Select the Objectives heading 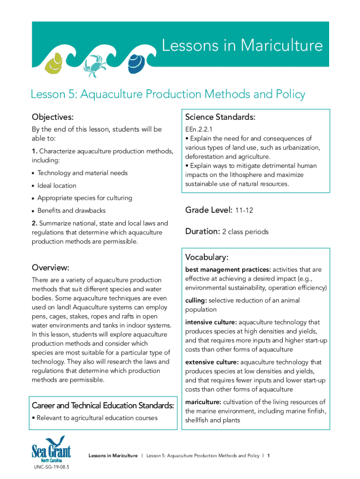[53, 116]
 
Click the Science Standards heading [220, 116]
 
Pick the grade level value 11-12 [244, 210]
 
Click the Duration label [202, 231]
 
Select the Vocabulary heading [207, 257]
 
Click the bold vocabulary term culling [195, 300]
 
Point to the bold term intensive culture [211, 322]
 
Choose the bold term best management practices [227, 269]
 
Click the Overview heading [50, 268]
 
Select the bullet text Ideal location [57, 186]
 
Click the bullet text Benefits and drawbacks [72, 210]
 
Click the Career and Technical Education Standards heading [103, 405]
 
